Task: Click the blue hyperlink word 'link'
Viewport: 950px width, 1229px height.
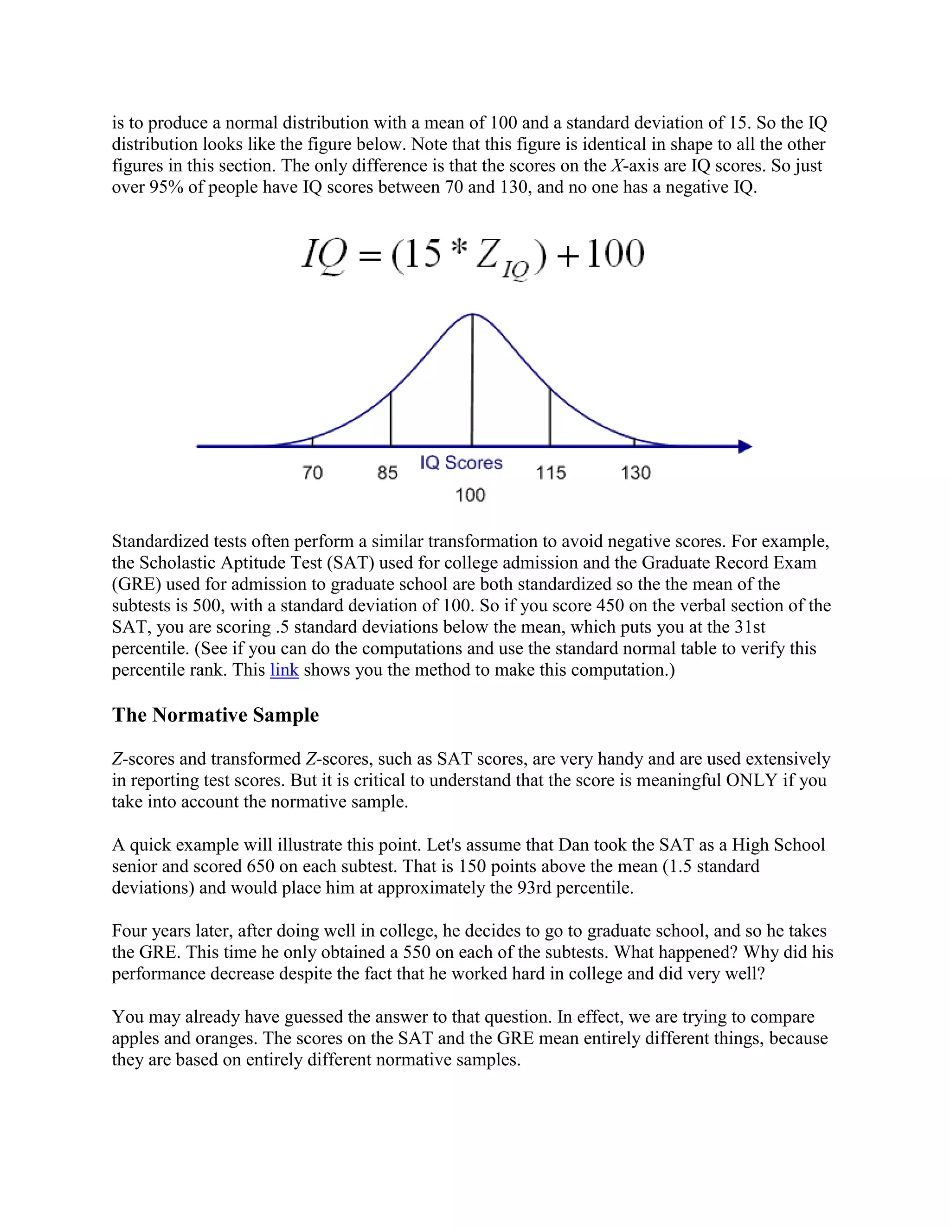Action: click(284, 670)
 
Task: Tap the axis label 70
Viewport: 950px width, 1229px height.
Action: click(312, 472)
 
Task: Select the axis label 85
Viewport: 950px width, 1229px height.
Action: click(387, 473)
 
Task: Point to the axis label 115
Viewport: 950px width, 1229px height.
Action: click(551, 473)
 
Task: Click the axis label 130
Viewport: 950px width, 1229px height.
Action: click(635, 473)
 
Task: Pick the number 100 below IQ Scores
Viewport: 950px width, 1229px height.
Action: click(470, 495)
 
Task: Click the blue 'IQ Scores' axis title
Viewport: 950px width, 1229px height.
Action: click(461, 462)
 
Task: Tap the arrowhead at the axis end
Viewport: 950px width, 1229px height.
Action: click(745, 447)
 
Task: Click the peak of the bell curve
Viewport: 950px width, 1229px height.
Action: click(472, 314)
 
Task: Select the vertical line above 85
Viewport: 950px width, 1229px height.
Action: click(391, 419)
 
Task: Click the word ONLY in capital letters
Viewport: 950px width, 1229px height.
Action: click(751, 781)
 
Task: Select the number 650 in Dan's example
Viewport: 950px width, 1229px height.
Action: click(261, 866)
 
